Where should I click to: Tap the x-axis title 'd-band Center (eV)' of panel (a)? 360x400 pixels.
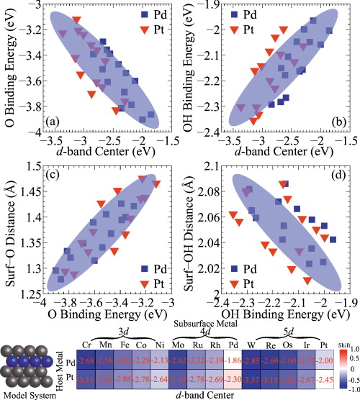tap(101, 151)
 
